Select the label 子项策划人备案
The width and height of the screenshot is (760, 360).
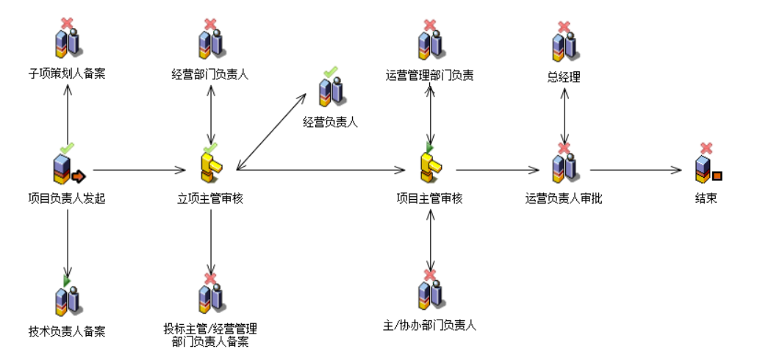coord(67,73)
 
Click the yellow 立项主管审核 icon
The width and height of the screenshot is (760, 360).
coord(212,168)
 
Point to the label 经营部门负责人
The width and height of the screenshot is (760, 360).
coord(210,73)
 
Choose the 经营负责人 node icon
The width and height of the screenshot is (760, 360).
coord(330,91)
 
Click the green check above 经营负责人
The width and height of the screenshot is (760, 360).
coord(331,71)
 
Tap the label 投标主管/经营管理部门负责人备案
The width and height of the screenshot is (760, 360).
coord(210,334)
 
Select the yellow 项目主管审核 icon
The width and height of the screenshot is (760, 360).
coord(430,168)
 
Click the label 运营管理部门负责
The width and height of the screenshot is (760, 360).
coord(430,74)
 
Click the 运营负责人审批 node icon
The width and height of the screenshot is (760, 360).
coord(564,168)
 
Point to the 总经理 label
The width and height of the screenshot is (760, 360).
coord(564,76)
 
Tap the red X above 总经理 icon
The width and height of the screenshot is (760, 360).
coord(564,27)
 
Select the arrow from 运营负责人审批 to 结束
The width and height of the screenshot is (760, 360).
coord(637,170)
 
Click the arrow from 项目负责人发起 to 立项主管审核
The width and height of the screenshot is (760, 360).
coord(140,170)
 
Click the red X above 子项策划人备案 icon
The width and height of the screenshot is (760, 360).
coord(67,24)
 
